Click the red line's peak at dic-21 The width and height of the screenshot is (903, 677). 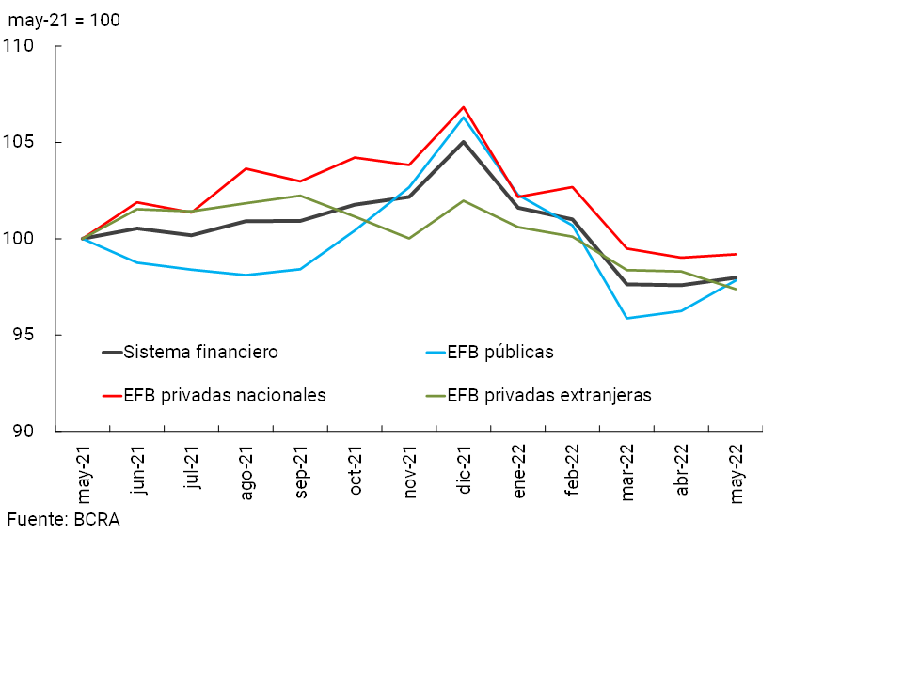[464, 107]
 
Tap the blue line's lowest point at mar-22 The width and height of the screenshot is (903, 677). [626, 318]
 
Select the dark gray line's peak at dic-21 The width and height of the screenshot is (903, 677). [464, 142]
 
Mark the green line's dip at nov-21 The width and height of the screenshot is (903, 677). [409, 238]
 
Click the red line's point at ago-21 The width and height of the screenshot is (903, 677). [246, 168]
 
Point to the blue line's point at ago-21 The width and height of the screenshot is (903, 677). [246, 275]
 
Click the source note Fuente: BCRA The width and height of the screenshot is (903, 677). [64, 519]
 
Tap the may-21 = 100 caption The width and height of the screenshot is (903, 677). [64, 20]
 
